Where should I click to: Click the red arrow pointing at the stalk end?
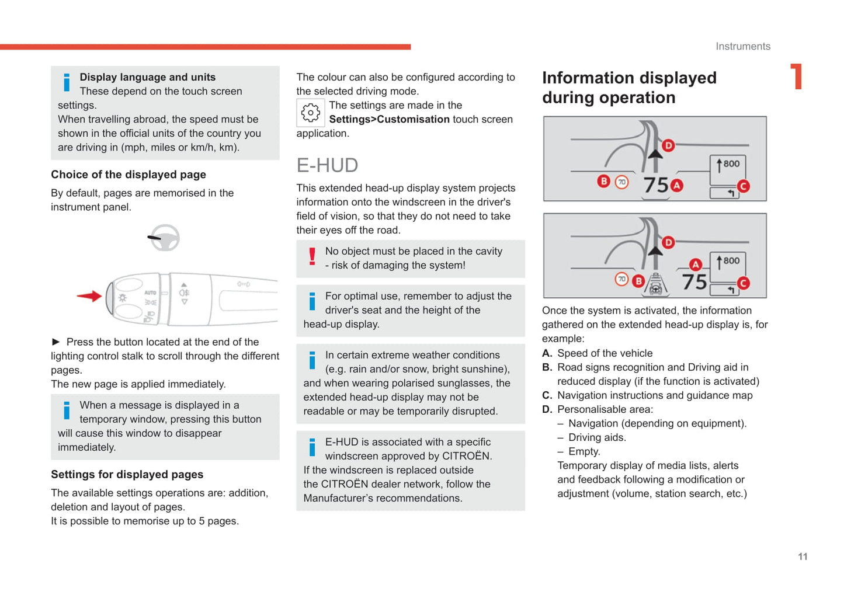coord(89,296)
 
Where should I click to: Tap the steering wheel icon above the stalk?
coord(164,238)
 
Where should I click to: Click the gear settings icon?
coord(310,113)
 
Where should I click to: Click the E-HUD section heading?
coord(327,165)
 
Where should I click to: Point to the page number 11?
coord(803,556)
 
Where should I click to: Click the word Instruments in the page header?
coord(742,47)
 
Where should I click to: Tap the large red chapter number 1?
coord(796,77)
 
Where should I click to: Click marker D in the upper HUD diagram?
coord(668,145)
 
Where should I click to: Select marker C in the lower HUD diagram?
coord(743,283)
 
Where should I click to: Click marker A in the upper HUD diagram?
coord(677,186)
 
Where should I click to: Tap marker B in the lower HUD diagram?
coord(638,281)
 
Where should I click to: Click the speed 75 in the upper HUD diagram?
coord(656,185)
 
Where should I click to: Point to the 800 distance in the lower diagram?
coord(731,260)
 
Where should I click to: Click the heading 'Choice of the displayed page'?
coord(128,175)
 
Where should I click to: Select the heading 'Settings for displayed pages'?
coord(127,475)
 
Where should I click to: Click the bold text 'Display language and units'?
coord(147,77)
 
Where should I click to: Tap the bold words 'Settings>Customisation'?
coord(389,119)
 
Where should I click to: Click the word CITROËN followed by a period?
coord(467,456)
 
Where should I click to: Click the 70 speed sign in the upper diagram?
coord(622,182)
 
